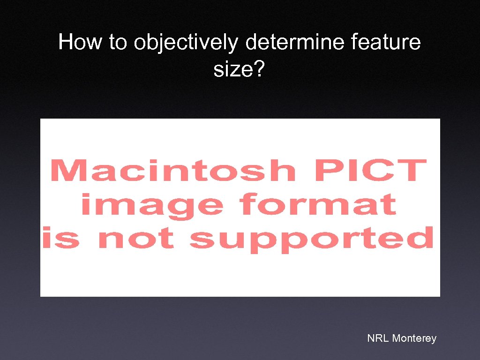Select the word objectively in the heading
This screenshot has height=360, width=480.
[x=186, y=43]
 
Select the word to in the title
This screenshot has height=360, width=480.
[x=119, y=43]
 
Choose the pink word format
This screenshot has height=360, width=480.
[x=317, y=205]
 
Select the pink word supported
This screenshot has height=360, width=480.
[x=312, y=240]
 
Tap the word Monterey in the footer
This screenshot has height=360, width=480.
[x=414, y=338]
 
